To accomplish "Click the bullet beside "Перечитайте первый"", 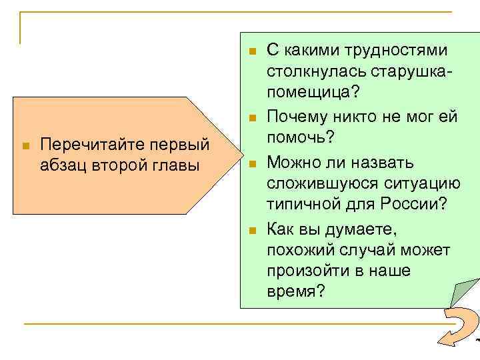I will click(25, 145).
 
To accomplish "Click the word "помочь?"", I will click(300, 137).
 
